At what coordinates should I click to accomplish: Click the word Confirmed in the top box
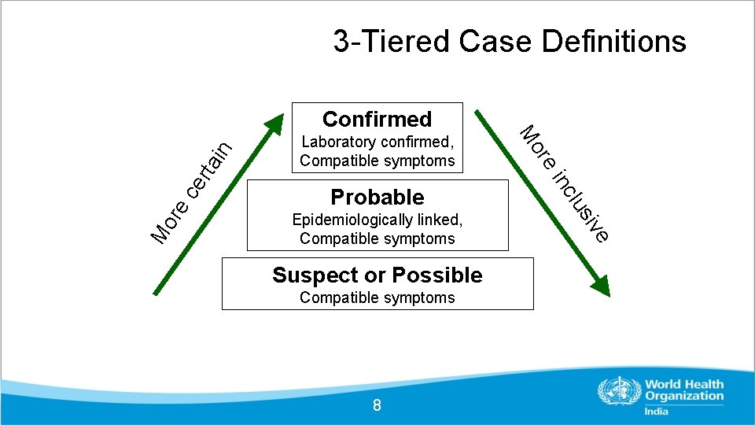click(377, 119)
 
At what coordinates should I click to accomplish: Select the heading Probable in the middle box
click(377, 197)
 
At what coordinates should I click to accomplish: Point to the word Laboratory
click(337, 142)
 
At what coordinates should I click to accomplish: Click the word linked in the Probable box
click(441, 220)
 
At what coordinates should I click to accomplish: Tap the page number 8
click(377, 405)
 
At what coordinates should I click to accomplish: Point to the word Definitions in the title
click(614, 41)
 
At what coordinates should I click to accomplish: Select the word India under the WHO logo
click(656, 411)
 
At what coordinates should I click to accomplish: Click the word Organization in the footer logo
click(683, 397)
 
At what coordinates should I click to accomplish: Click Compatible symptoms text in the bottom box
click(377, 297)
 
